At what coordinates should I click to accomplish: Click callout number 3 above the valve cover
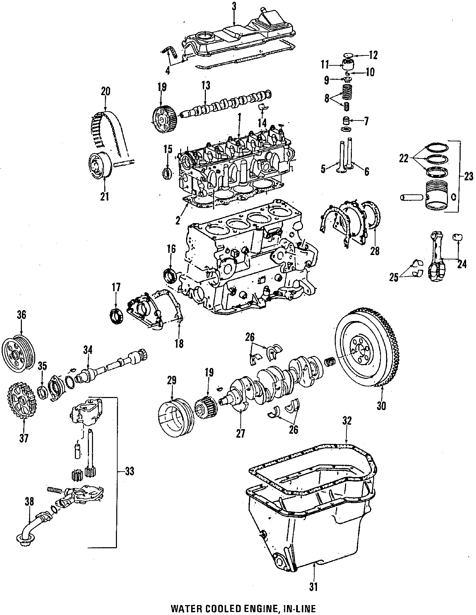click(234, 6)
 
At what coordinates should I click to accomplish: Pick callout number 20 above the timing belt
click(105, 91)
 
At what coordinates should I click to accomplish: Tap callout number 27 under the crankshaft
click(240, 434)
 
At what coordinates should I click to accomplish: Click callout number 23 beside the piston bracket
click(468, 177)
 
